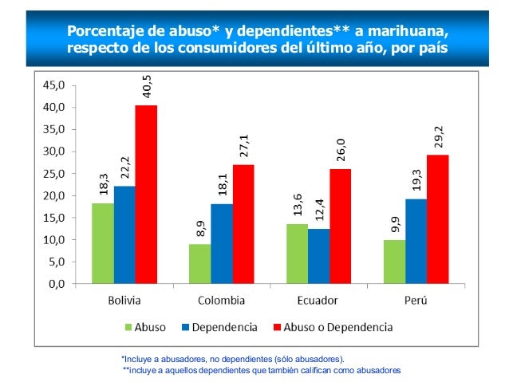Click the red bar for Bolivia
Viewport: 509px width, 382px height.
point(146,195)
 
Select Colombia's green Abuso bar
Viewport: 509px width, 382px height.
point(199,264)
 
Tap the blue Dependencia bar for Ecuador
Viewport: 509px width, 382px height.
point(318,256)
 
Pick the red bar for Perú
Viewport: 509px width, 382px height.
point(437,219)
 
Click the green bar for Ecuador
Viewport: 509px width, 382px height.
point(297,254)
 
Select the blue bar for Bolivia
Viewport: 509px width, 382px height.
point(124,234)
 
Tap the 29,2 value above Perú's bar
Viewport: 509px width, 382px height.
point(438,137)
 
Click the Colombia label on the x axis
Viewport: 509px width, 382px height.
point(221,301)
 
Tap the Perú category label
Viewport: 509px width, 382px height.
point(416,301)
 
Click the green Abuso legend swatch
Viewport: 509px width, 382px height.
point(128,326)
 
